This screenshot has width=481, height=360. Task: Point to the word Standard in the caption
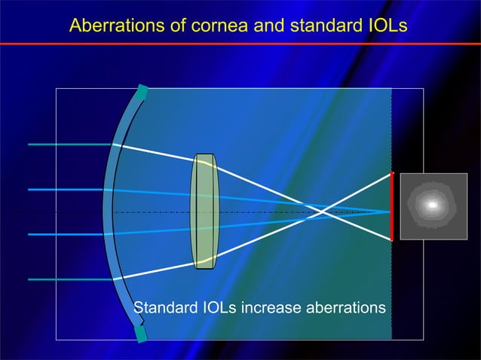point(164,308)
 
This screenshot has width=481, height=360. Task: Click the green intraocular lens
point(204,212)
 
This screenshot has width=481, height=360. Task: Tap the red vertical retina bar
point(392,206)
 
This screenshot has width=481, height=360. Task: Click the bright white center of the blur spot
point(432,205)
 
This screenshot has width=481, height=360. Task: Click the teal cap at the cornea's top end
point(141,93)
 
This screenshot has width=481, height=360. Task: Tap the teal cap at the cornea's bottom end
point(141,332)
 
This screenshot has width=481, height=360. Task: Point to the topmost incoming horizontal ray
point(68,144)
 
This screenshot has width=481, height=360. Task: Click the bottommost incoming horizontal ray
point(68,279)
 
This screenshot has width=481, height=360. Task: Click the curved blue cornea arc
point(108,212)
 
